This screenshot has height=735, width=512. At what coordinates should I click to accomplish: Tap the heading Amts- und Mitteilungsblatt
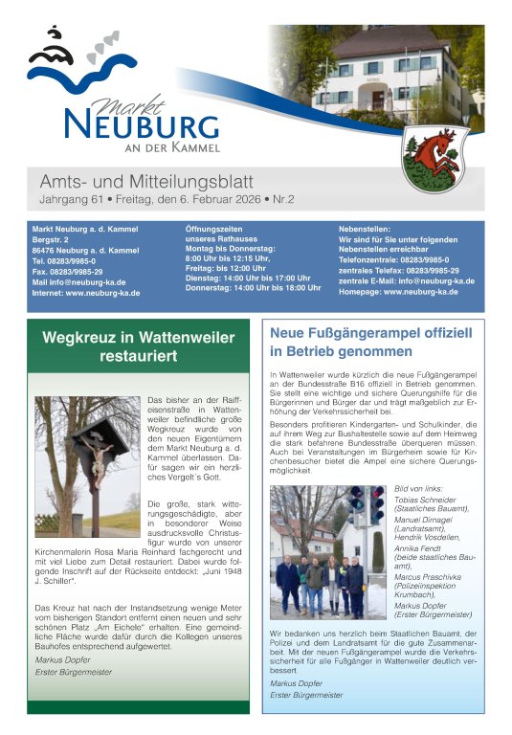[x=146, y=182]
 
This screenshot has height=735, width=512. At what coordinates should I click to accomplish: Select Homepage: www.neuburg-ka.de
[x=398, y=292]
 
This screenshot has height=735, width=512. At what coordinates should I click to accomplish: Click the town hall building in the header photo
[x=392, y=72]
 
